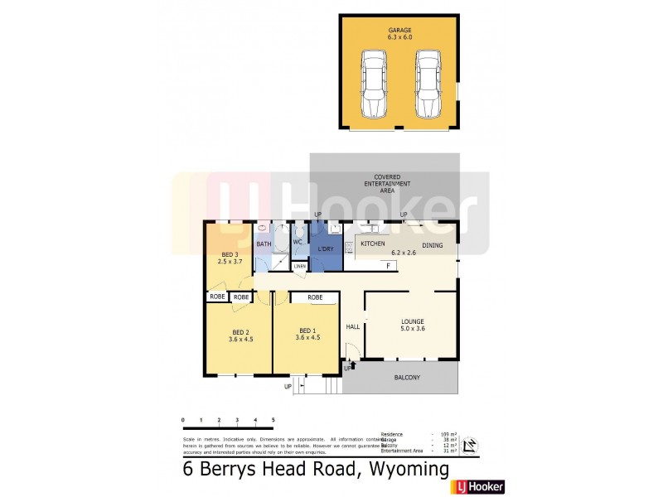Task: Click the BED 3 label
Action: [230, 254]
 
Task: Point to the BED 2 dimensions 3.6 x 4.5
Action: [241, 339]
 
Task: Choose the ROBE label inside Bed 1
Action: [315, 297]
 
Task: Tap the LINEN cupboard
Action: [299, 266]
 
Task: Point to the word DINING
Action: [433, 245]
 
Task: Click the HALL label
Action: [351, 326]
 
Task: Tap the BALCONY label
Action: [406, 379]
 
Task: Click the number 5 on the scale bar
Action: [273, 421]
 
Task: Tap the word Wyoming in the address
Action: [404, 470]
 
